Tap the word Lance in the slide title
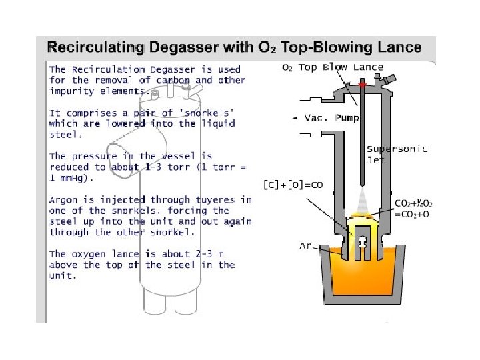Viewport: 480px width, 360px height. (x=397, y=47)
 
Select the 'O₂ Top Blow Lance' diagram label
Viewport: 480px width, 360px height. (x=333, y=67)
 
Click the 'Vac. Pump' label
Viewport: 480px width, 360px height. (x=331, y=118)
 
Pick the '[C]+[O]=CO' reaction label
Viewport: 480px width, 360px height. (x=293, y=185)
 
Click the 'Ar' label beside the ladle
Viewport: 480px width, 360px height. (x=305, y=246)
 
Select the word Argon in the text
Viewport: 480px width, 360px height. (x=63, y=199)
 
